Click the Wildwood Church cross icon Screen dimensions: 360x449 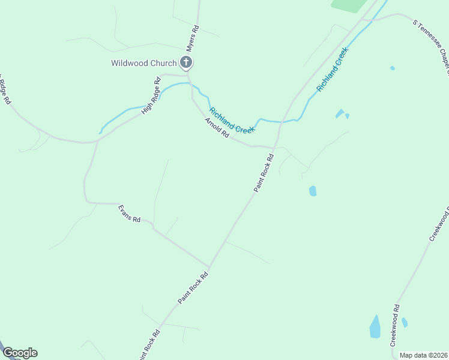click(186, 62)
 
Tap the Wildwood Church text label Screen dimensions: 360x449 click(143, 63)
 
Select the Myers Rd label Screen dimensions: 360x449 click(191, 37)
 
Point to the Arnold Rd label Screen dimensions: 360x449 click(217, 128)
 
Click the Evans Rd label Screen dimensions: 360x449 click(129, 214)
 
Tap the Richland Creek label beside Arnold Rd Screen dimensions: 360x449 click(232, 120)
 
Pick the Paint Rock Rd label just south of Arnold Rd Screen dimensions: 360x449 click(264, 173)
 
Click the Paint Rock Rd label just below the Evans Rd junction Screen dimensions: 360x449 click(193, 287)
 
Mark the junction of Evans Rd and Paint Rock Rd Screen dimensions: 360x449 click(209, 266)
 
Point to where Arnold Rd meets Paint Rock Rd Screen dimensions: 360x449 click(274, 147)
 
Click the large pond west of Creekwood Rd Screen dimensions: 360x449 click(375, 327)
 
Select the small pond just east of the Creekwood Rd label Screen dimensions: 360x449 click(405, 322)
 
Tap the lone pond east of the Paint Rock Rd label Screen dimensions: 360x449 click(313, 191)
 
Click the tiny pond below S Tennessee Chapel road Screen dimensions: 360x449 click(392, 68)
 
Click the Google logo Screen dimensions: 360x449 click(20, 353)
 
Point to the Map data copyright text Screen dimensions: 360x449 click(423, 355)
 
